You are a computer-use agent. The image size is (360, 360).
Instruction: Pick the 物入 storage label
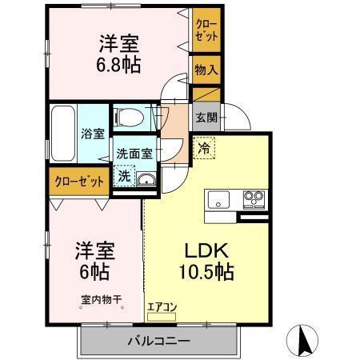coord(206,70)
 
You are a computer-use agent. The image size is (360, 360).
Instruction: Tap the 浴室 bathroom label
coord(92,134)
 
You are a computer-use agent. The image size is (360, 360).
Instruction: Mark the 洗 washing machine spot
coord(124,176)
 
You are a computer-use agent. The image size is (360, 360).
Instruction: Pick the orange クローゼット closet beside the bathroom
coord(79,181)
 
